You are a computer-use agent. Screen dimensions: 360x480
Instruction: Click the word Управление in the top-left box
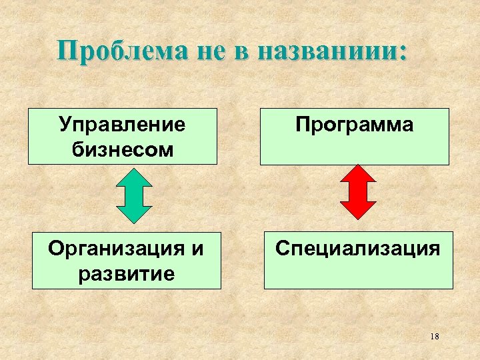click(122, 125)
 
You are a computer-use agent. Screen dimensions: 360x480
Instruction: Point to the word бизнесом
click(122, 149)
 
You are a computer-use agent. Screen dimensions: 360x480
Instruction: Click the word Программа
click(354, 125)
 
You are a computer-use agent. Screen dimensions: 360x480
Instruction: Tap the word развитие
click(127, 272)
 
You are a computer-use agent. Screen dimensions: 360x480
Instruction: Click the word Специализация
click(359, 249)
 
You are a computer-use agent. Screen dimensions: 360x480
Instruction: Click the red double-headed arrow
click(358, 192)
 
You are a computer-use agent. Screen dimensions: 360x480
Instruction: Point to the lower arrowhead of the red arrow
click(358, 210)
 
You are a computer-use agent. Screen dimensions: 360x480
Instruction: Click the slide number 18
click(435, 336)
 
